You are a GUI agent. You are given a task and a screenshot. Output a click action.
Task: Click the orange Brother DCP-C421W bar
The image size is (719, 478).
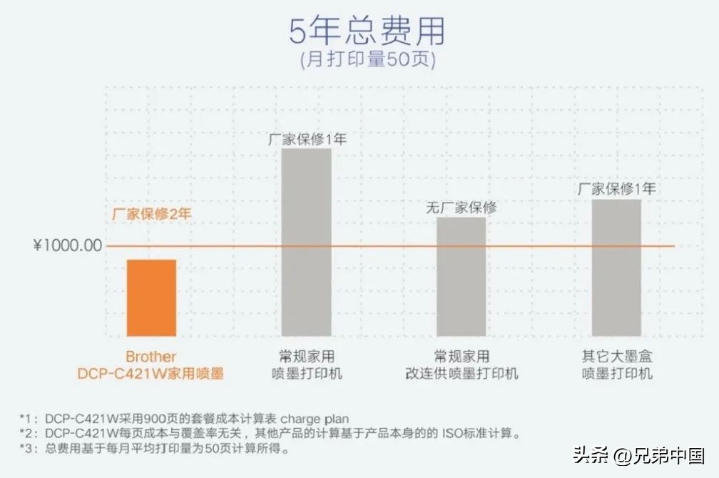coord(151,298)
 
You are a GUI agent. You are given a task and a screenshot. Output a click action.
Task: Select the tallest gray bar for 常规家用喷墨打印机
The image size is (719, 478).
coord(307,242)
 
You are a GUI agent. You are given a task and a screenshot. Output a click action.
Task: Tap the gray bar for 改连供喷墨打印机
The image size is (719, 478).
coord(462,276)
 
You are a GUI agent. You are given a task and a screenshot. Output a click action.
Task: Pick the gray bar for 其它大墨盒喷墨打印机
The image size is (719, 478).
coord(616,267)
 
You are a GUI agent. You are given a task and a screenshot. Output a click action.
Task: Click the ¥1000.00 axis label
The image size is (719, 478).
coord(68,246)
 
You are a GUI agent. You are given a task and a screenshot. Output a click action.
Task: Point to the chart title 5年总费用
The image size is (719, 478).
coord(367,32)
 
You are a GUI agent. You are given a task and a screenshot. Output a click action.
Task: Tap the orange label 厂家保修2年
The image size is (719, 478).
coord(152,213)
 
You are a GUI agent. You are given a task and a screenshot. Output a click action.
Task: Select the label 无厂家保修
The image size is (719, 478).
coord(462,208)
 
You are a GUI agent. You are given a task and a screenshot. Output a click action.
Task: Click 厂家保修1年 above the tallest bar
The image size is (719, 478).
coord(307,139)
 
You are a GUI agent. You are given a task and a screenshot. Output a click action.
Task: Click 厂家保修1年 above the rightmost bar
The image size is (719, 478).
coord(616,189)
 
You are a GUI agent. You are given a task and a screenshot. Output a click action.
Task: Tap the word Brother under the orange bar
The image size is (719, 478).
coord(151,357)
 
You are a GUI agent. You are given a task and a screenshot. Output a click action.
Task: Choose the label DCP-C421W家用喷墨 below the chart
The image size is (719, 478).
coord(151,373)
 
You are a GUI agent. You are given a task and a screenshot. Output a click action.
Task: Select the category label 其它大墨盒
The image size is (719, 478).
coord(617,356)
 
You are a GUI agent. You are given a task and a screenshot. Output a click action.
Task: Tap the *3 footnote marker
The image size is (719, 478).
coord(28,449)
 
